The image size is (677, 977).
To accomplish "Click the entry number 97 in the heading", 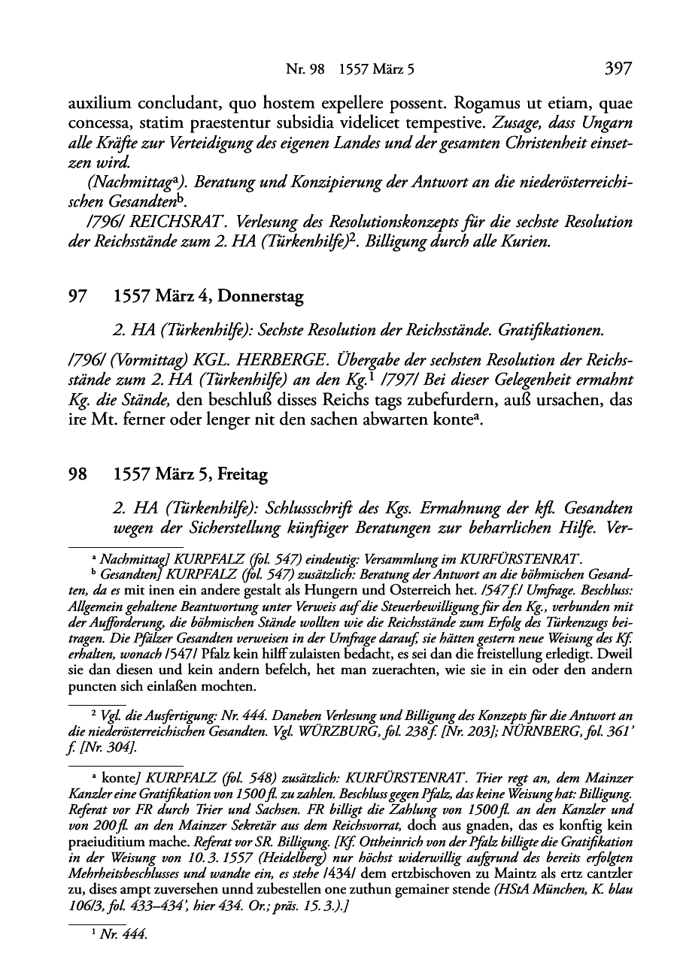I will (x=75, y=297).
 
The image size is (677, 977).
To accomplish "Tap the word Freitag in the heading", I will (x=244, y=475).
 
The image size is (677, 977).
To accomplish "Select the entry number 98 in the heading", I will (x=75, y=475).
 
